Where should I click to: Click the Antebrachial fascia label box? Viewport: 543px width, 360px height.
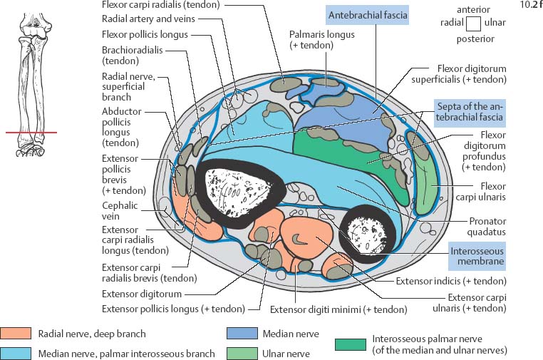coord(367,14)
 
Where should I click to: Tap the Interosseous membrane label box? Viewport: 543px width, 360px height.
coord(477,256)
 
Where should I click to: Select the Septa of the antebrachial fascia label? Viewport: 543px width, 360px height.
coord(470,111)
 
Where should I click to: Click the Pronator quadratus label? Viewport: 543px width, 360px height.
coord(486,226)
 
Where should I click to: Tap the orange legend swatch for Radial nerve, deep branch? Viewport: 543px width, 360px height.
coord(16,333)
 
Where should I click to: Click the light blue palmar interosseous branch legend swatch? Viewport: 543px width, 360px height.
coord(16,352)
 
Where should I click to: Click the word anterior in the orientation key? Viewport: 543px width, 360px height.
coord(474,9)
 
